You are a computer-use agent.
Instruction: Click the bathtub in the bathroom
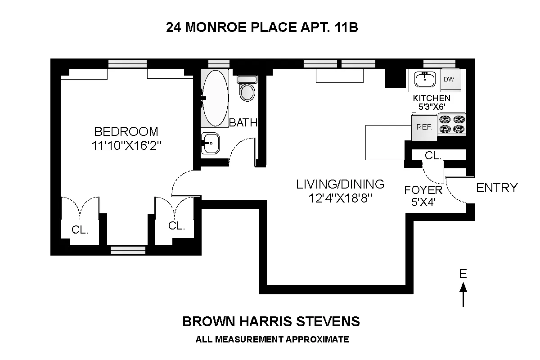pyautogui.click(x=215, y=98)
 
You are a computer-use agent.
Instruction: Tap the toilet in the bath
pyautogui.click(x=247, y=89)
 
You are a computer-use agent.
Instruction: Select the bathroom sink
pyautogui.click(x=210, y=144)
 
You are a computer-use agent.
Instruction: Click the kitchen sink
pyautogui.click(x=424, y=80)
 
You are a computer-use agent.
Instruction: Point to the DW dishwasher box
pyautogui.click(x=449, y=80)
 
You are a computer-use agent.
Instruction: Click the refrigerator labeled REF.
pyautogui.click(x=424, y=127)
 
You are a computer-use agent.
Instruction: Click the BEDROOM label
pyautogui.click(x=126, y=131)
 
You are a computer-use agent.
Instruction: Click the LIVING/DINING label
pyautogui.click(x=340, y=184)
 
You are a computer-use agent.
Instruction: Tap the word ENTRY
pyautogui.click(x=497, y=188)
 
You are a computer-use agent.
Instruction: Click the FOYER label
pyautogui.click(x=423, y=189)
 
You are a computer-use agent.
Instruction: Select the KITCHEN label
pyautogui.click(x=432, y=98)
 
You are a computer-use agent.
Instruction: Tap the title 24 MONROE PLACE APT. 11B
pyautogui.click(x=262, y=28)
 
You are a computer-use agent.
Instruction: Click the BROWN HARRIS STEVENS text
pyautogui.click(x=271, y=321)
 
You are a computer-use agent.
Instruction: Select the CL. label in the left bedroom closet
pyautogui.click(x=80, y=230)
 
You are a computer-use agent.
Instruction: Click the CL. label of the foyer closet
pyautogui.click(x=432, y=155)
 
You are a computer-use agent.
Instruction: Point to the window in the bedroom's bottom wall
pyautogui.click(x=128, y=250)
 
